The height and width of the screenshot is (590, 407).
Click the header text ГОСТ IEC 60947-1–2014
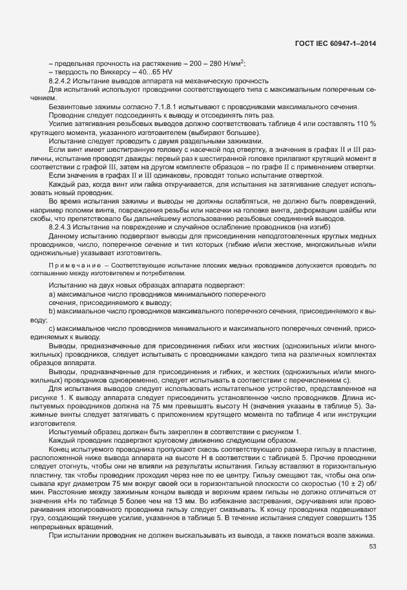pos(334,43)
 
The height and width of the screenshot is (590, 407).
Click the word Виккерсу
pos(96,72)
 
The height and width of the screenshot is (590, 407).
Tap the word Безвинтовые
pos(69,106)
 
